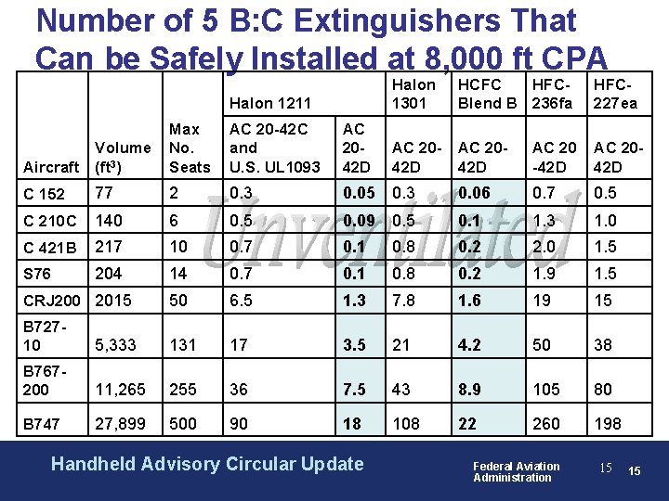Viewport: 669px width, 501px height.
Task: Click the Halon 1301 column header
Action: [413, 94]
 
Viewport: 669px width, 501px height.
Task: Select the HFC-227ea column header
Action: [615, 94]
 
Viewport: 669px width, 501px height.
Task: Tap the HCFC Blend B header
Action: [487, 94]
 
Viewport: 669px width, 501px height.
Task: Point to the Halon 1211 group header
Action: [269, 103]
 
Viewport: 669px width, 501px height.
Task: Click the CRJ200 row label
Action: [53, 301]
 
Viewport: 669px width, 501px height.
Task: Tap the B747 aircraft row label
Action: [42, 424]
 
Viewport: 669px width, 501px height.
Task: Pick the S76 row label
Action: [37, 274]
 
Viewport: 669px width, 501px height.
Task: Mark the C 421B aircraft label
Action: [50, 248]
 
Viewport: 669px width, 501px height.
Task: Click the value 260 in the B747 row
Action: [545, 424]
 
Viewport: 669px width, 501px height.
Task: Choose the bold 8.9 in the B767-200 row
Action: [471, 390]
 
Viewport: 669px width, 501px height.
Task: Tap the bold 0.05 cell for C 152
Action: [360, 193]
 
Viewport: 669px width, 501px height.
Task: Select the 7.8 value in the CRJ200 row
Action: [404, 301]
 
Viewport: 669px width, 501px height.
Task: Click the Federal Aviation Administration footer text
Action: [516, 471]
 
